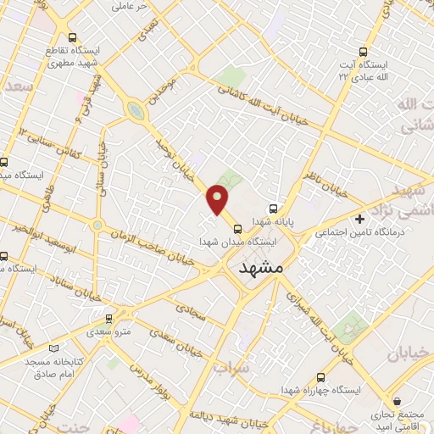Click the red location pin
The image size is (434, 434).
pyautogui.click(x=218, y=200)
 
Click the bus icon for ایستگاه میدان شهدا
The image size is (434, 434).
pyautogui.click(x=237, y=227)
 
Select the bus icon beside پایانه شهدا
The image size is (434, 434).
pyautogui.click(x=272, y=208)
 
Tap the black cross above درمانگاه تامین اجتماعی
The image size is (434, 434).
pyautogui.click(x=359, y=219)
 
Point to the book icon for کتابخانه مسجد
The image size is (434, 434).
pyautogui.click(x=56, y=348)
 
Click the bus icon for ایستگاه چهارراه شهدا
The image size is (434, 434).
pyautogui.click(x=320, y=377)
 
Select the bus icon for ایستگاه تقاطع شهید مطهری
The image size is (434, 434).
pyautogui.click(x=72, y=37)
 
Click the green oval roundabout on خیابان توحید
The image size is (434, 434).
pyautogui.click(x=134, y=110)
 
